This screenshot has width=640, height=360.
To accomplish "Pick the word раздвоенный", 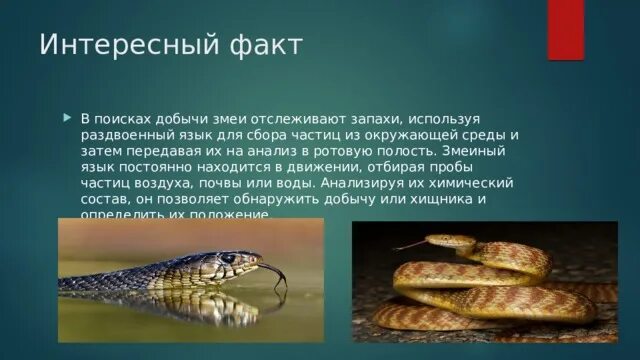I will pyautogui.click(x=126, y=134).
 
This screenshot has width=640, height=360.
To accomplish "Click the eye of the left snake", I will pyautogui.click(x=229, y=258).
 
